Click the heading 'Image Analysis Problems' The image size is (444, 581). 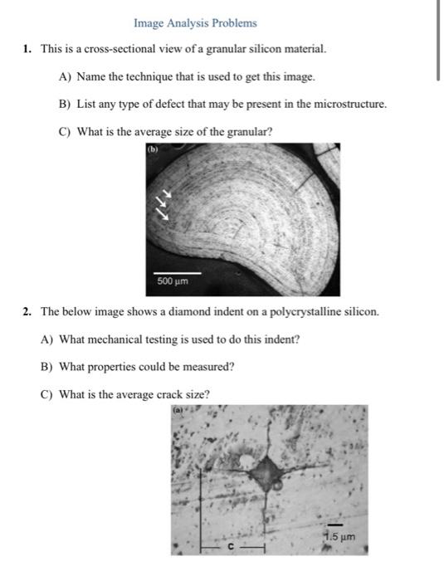pos(195,23)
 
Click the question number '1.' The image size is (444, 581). pos(28,49)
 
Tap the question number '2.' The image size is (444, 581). pos(28,312)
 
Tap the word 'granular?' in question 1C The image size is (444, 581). pos(247,131)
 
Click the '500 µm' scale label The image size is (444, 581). pos(173,281)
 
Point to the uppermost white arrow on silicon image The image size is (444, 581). pos(166,193)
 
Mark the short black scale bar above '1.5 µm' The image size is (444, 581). pos(334,524)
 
